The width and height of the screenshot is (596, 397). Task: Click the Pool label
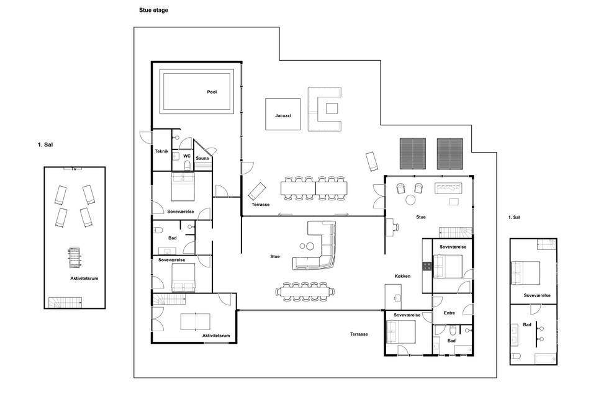[212, 92]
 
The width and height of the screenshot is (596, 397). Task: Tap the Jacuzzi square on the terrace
[283, 114]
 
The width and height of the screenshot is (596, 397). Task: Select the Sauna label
[202, 158]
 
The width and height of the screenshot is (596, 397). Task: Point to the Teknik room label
[161, 151]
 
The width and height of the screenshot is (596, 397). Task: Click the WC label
[187, 156]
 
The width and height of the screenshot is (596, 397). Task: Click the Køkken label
[402, 276]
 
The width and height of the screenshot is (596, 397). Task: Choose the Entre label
[449, 313]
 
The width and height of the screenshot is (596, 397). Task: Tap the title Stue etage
[153, 11]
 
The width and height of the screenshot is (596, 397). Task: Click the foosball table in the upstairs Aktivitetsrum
[75, 257]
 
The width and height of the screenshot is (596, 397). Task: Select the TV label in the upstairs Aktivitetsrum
[74, 168]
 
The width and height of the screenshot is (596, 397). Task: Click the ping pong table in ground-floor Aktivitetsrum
[195, 321]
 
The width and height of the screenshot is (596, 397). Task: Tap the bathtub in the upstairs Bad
[546, 359]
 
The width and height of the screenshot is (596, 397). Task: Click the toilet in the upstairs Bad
[516, 356]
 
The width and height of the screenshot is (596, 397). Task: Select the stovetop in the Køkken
[427, 266]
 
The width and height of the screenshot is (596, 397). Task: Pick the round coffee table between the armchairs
[410, 200]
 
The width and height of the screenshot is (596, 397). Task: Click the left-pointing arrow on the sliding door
[285, 214]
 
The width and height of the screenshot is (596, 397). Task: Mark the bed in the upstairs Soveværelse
[526, 273]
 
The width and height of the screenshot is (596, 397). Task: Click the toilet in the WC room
[187, 165]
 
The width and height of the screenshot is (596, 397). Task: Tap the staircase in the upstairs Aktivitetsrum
[65, 303]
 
